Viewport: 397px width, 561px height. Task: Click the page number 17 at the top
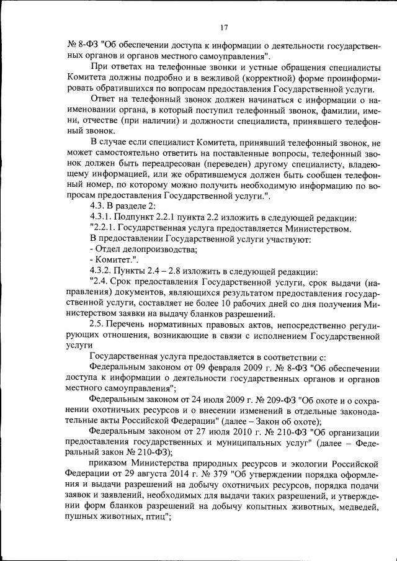point(225,27)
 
